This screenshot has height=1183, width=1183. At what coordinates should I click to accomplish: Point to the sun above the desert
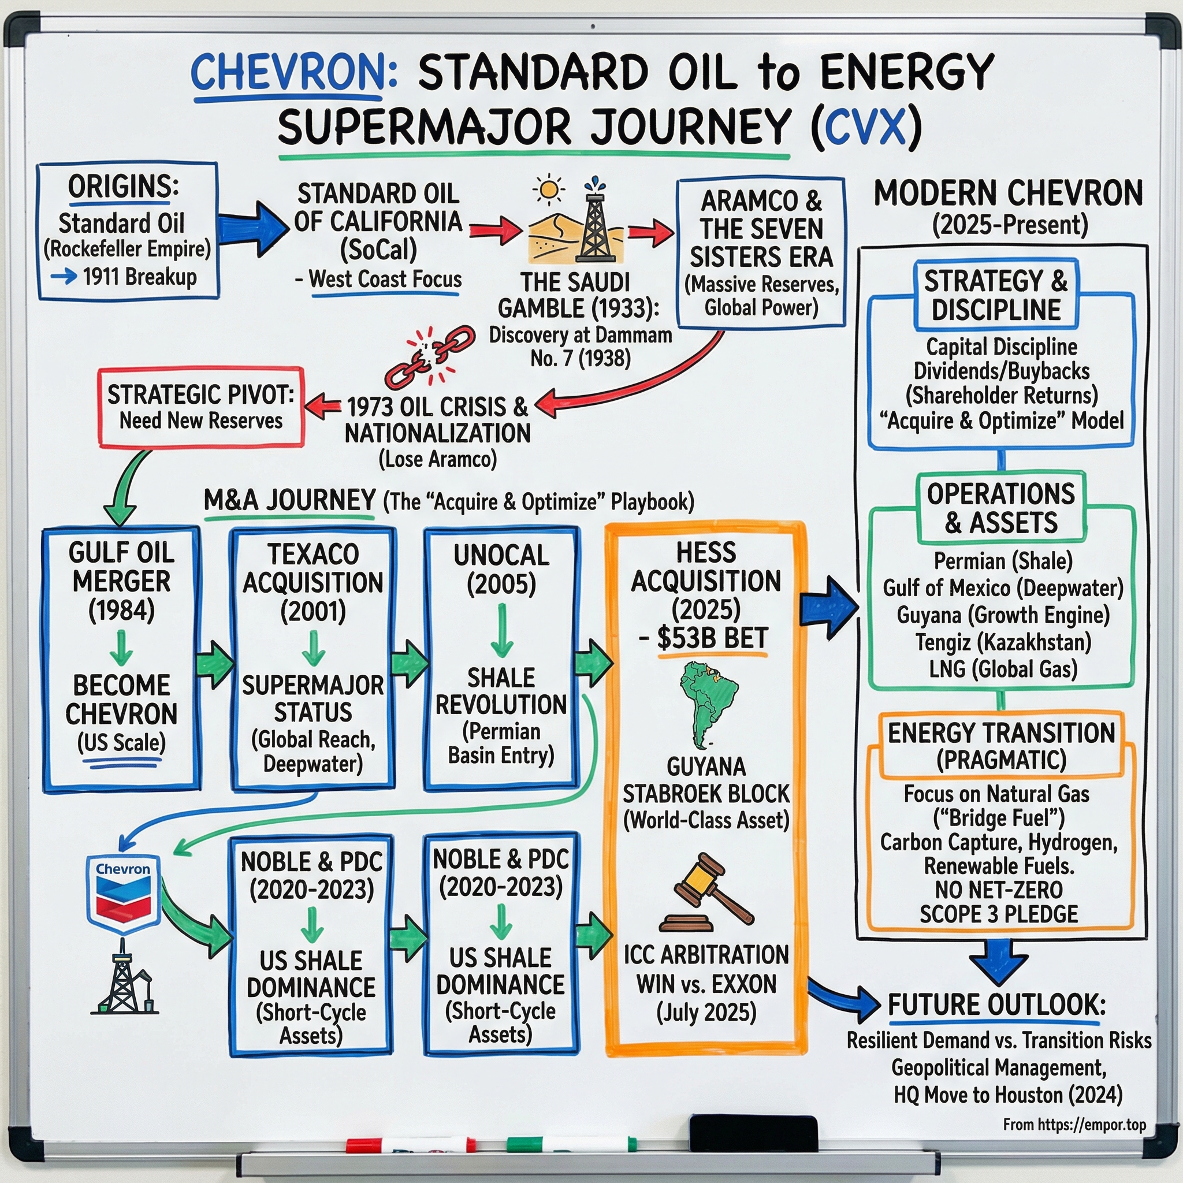[x=549, y=189]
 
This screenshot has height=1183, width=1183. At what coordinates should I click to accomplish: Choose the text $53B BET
[x=712, y=638]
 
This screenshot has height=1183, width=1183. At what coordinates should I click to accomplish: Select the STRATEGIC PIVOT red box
[x=201, y=407]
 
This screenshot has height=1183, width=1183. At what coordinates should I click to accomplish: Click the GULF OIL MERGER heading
[x=121, y=567]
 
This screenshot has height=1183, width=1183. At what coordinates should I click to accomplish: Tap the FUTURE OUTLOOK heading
[x=997, y=1005]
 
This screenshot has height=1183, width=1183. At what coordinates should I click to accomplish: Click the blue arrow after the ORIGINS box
[x=253, y=230]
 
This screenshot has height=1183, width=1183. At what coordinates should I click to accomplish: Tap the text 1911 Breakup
[x=140, y=277]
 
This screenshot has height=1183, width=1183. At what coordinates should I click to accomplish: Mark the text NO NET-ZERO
[x=999, y=890]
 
